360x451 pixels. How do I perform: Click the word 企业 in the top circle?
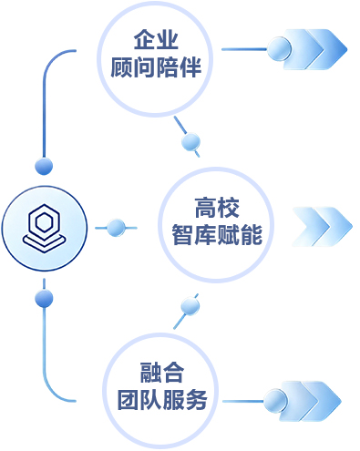[156, 39]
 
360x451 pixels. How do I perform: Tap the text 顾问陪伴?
[156, 67]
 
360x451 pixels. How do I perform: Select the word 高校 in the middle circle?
[217, 208]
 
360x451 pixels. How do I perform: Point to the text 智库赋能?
[217, 234]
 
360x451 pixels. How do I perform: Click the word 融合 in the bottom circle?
[162, 373]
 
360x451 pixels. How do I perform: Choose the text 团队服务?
[162, 399]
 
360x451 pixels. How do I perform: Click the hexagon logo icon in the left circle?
[45, 228]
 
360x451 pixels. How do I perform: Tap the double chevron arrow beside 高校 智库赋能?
[322, 227]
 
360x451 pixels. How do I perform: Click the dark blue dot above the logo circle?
[44, 166]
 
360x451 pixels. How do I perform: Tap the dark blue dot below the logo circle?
[44, 299]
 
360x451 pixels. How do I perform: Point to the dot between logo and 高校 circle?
[116, 228]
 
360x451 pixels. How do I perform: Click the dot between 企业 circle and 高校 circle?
[190, 141]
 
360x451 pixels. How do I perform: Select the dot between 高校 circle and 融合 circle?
[190, 306]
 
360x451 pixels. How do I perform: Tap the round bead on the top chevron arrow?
[279, 48]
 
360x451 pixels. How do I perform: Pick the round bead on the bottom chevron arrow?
[275, 401]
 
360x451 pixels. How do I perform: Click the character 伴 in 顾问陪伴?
[190, 67]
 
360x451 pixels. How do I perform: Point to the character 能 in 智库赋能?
[252, 234]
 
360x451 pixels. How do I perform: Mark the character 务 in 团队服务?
[197, 399]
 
